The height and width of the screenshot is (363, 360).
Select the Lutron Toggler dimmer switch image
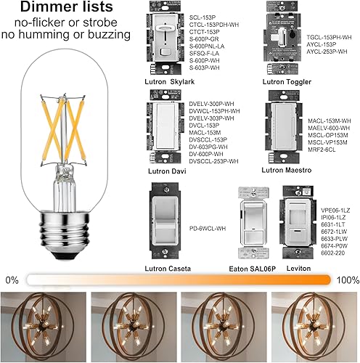point(283,40)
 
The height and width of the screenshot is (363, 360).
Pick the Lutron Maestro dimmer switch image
point(284,131)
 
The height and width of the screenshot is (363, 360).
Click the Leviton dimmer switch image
point(298,222)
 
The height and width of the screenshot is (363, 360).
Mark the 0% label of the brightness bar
point(12,279)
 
